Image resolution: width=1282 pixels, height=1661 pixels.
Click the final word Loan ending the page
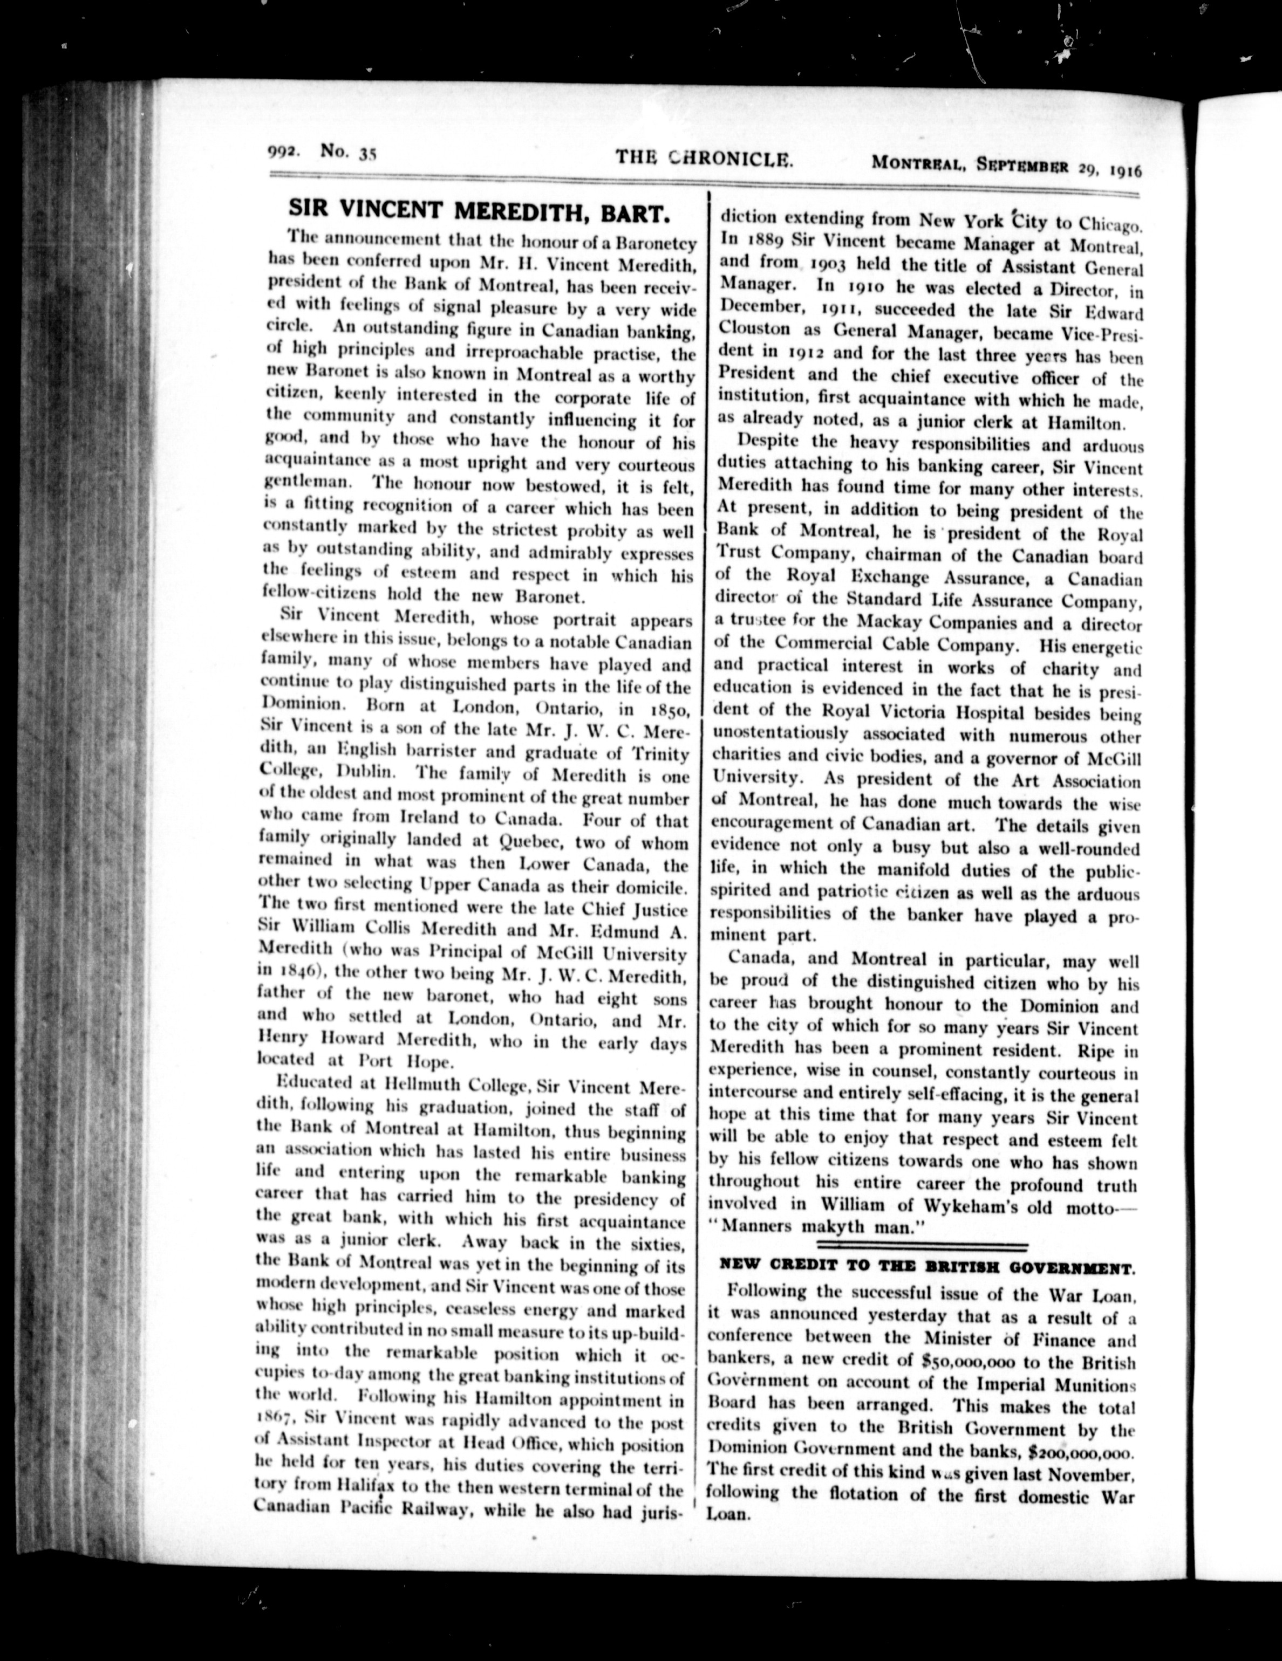click(x=725, y=1513)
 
